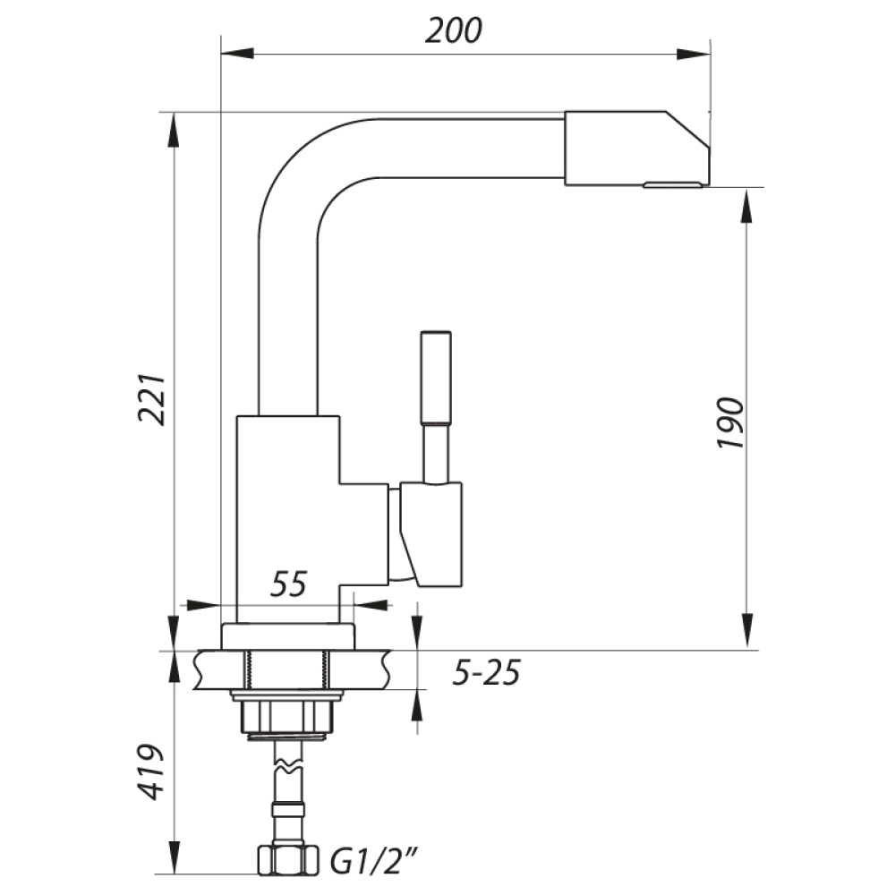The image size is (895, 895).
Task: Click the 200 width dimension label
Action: pos(453,30)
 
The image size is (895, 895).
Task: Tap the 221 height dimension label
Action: pos(152,399)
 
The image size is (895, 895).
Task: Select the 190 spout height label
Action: pos(731,422)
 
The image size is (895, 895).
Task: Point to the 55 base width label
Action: pos(288,584)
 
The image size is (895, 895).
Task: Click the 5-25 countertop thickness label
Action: pos(486,672)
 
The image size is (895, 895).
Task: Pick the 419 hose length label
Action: pos(150,771)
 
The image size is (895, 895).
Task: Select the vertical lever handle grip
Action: pos(436,378)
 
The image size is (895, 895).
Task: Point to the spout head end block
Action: pos(637,149)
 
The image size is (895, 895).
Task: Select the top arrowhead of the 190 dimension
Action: pos(746,206)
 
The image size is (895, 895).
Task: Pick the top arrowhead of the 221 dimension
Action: pos(175,130)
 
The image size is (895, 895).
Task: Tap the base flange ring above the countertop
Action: pos(287,636)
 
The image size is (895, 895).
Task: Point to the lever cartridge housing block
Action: pos(431,533)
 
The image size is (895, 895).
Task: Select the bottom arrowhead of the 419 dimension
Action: pos(175,857)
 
